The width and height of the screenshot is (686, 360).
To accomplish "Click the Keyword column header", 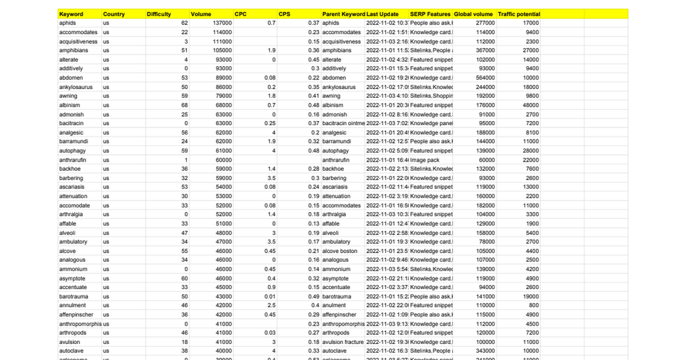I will click(71, 14).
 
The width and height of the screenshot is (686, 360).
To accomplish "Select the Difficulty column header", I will click(159, 14).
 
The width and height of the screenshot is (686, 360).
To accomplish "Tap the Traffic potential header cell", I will click(519, 14).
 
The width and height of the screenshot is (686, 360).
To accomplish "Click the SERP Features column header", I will click(430, 14).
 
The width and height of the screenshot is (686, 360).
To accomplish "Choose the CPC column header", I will click(241, 14).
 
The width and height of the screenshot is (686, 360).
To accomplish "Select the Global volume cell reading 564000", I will click(485, 78).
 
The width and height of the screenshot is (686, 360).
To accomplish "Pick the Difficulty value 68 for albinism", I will click(184, 105).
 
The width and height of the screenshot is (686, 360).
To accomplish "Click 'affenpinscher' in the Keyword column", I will click(76, 315).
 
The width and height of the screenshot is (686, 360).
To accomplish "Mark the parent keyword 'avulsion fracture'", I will click(343, 342).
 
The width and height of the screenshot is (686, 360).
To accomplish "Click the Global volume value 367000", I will click(485, 50).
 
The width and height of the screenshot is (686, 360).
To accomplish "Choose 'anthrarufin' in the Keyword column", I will click(73, 160).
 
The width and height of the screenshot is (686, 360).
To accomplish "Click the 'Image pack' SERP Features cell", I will click(424, 160).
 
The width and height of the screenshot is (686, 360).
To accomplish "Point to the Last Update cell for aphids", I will click(386, 23).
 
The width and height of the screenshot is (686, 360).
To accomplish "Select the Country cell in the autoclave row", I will click(106, 351).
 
